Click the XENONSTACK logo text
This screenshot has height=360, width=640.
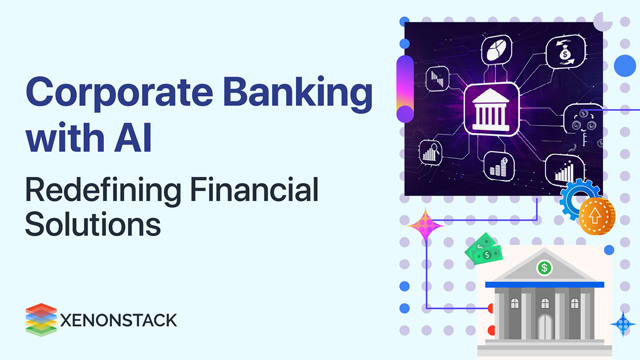(x=118, y=320)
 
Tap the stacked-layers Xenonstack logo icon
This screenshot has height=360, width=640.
(x=41, y=319)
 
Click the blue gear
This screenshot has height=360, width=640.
(x=575, y=199)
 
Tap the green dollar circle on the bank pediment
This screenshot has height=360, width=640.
(x=544, y=268)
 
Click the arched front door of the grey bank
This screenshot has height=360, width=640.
(x=544, y=327)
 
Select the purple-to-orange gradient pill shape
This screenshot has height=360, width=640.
(x=405, y=89)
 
